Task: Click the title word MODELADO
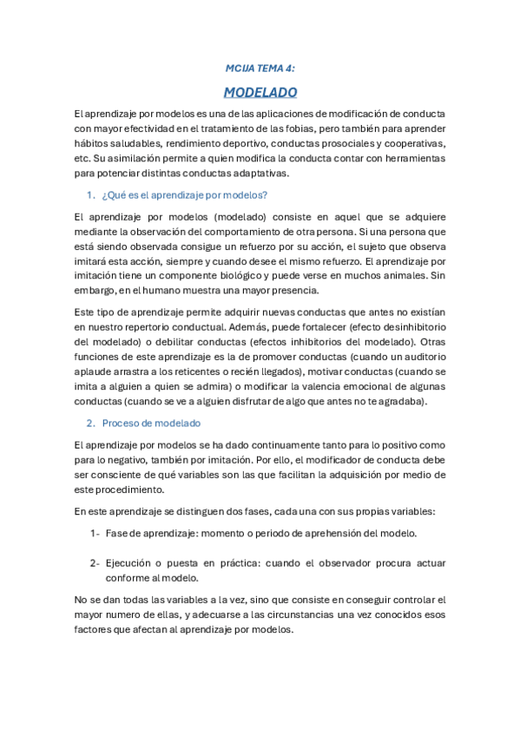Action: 260,92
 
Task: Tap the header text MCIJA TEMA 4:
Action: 260,67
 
